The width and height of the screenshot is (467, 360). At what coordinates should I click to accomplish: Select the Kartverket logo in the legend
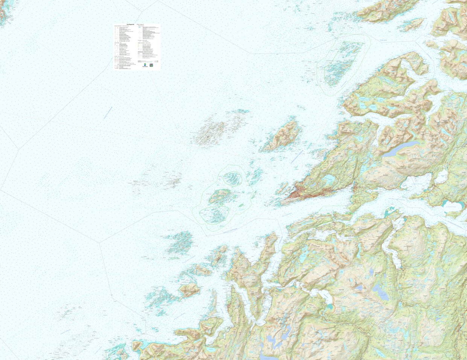point(145,65)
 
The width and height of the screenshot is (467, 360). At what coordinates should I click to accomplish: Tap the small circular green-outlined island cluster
point(233,178)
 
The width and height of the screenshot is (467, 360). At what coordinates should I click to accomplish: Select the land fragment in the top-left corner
point(5,11)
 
